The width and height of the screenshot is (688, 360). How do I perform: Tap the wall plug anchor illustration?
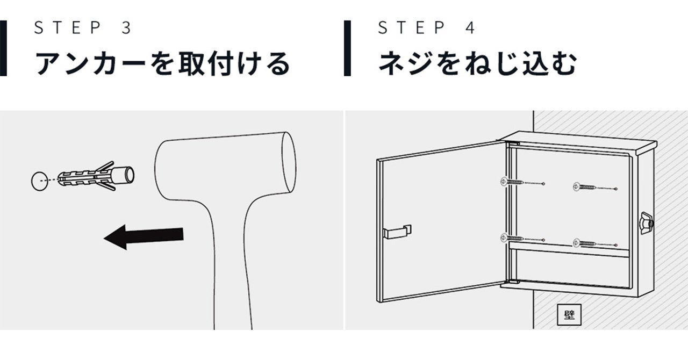(96, 176)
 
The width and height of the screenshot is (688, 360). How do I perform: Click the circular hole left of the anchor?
(40, 181)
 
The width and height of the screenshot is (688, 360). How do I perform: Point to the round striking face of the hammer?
(289, 162)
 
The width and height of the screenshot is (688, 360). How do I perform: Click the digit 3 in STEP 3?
(126, 27)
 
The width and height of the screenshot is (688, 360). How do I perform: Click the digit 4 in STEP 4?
(470, 27)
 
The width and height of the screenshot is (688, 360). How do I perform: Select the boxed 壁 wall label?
(569, 314)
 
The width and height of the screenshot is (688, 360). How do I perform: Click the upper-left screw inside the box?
(512, 182)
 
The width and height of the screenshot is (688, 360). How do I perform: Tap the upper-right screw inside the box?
(584, 187)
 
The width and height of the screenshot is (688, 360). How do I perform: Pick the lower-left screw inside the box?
(512, 237)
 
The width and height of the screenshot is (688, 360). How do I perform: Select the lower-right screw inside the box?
(584, 243)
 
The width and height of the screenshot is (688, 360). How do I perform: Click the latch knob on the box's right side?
(647, 223)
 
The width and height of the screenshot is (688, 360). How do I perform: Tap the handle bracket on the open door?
(397, 232)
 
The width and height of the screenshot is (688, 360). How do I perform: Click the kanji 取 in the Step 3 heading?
(191, 63)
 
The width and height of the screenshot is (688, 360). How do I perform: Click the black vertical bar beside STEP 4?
(347, 48)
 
